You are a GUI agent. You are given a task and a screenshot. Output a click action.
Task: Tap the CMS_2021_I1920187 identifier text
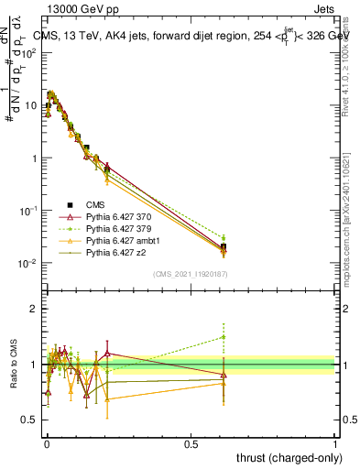point(191,273)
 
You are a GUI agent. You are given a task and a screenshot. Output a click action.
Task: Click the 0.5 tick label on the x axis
point(191,444)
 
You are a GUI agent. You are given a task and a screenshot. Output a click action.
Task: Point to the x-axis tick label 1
point(335,444)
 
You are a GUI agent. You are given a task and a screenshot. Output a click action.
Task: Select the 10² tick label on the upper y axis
point(27,52)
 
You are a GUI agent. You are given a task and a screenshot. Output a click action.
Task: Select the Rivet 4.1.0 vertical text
point(352,64)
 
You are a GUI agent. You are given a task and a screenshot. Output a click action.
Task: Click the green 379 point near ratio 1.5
point(224,337)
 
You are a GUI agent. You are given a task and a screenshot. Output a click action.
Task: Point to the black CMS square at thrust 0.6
point(224,246)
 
